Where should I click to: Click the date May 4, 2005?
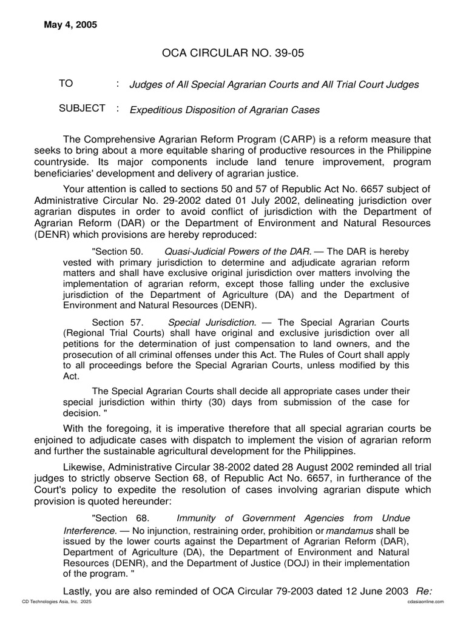click(x=70, y=25)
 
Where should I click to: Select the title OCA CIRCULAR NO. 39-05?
click(x=232, y=53)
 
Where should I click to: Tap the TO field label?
click(x=66, y=84)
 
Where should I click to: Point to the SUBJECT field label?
click(x=82, y=109)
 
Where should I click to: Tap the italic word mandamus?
click(x=348, y=530)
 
